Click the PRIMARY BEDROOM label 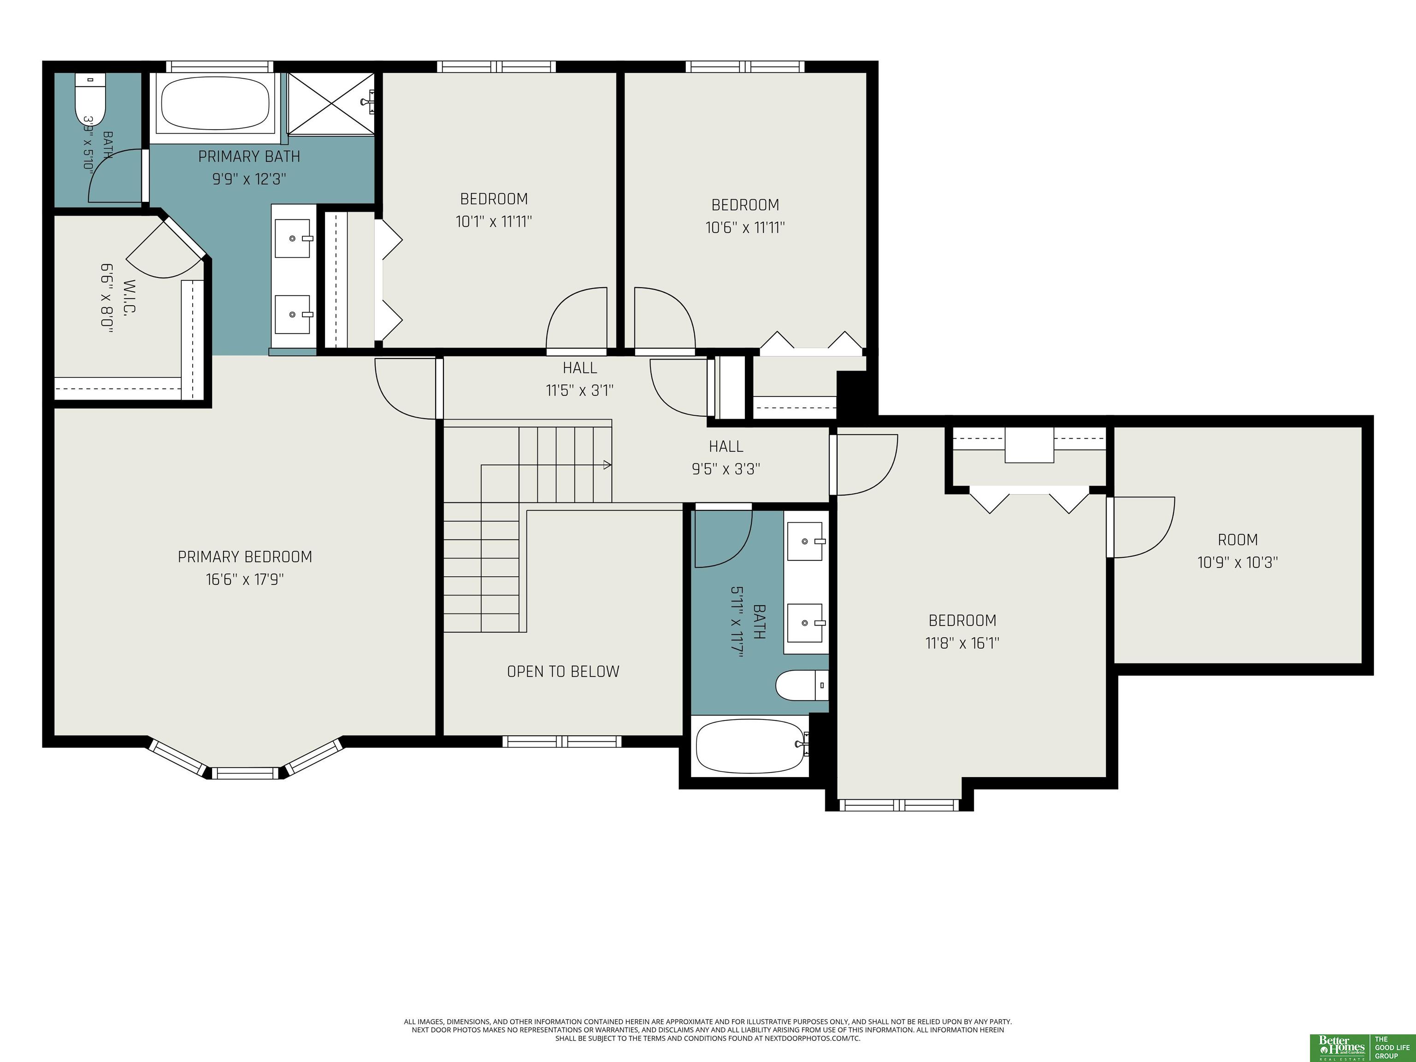point(245,557)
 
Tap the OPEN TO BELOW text point(563,672)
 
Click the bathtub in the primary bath point(215,104)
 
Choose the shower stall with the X point(330,104)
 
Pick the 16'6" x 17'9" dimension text point(245,580)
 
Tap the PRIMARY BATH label point(249,156)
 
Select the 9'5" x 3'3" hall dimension point(726,469)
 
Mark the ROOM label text point(1238,540)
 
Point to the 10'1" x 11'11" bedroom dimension point(494,222)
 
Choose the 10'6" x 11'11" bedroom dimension point(746,228)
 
